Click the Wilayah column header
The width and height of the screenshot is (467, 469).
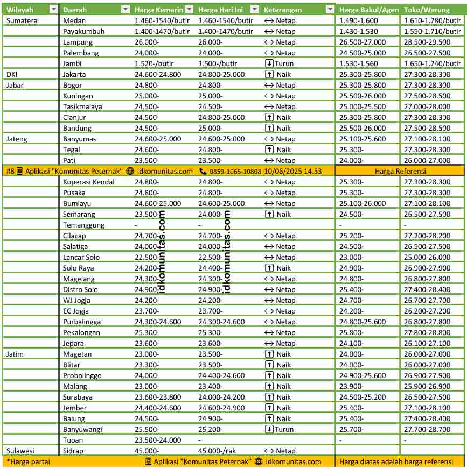pos(20,10)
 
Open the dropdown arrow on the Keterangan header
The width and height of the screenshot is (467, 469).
pos(330,10)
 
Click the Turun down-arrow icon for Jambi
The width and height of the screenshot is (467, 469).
pos(269,63)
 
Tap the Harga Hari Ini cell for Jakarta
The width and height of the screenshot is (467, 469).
pos(221,74)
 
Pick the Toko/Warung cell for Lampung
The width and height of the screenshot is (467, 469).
pos(427,42)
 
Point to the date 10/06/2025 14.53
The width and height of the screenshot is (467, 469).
pos(293,171)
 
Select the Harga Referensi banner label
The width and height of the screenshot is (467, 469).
pos(400,171)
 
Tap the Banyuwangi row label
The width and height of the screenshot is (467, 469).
pos(82,429)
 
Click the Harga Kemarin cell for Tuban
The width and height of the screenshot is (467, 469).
pos(158,440)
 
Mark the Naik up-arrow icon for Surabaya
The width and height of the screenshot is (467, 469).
pos(269,397)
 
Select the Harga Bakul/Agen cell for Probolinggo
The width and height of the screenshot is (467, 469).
pos(362,375)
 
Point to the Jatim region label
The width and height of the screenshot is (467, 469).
pos(15,354)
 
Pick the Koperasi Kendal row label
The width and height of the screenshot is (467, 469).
pos(88,182)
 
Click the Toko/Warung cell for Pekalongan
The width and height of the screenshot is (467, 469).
pos(427,332)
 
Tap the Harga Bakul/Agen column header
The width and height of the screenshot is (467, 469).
pos(368,10)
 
